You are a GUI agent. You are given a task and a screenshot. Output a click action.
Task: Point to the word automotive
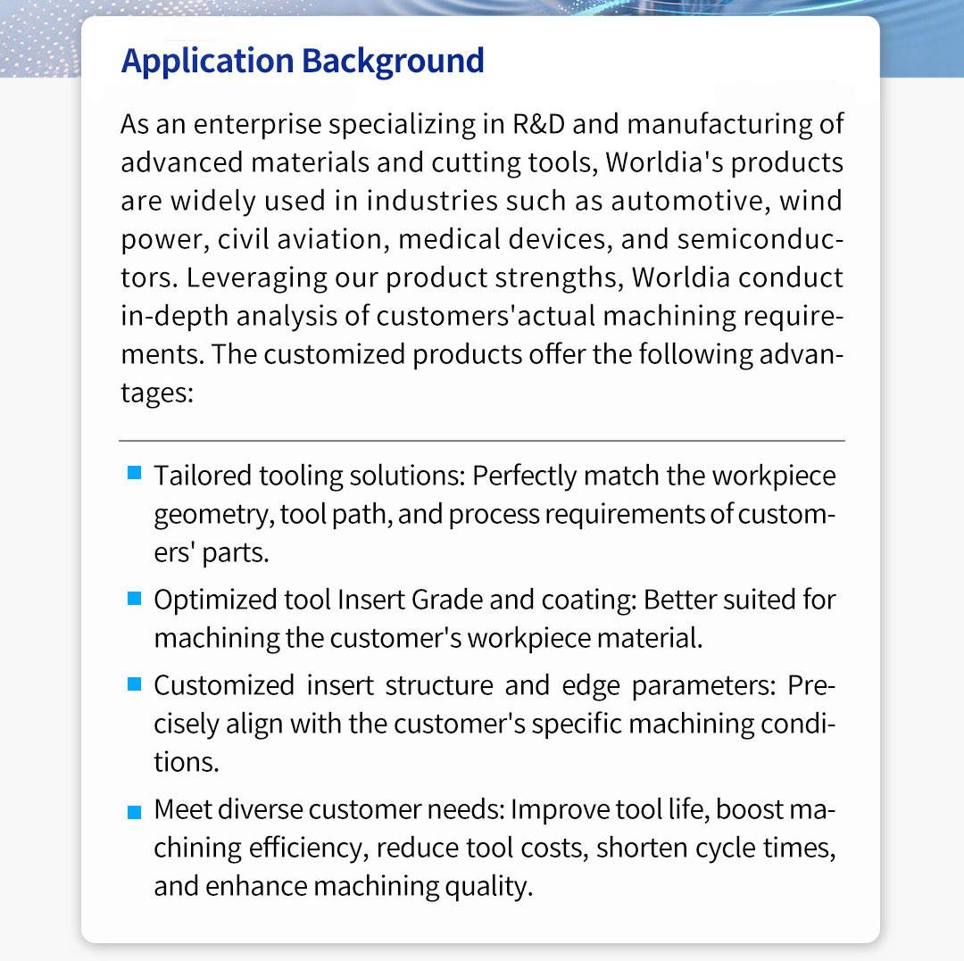coord(687,200)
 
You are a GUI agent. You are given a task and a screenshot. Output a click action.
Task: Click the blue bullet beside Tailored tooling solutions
coord(134,472)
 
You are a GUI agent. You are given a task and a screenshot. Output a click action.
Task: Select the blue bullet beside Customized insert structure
coord(134,683)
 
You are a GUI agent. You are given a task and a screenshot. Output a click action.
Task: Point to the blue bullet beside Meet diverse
coord(134,812)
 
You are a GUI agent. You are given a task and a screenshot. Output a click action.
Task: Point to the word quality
coord(487,886)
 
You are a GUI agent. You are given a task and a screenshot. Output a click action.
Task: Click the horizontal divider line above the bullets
coord(481,440)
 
